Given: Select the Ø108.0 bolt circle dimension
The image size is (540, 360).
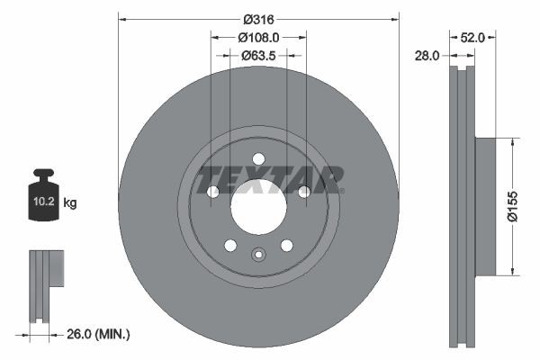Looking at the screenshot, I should [x=258, y=37].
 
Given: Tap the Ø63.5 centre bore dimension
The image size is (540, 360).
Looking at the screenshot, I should [x=258, y=56].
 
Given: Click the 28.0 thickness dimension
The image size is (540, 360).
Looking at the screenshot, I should [x=427, y=56].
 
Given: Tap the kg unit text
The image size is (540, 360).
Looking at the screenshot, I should [x=69, y=203].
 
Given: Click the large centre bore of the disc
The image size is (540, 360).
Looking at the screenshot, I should [x=258, y=208].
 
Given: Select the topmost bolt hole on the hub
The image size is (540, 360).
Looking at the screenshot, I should [x=258, y=159].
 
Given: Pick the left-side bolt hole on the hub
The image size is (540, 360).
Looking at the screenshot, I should [x=213, y=192].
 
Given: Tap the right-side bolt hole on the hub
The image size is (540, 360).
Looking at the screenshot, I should [x=304, y=192].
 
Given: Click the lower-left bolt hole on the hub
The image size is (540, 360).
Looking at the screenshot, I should [x=230, y=245].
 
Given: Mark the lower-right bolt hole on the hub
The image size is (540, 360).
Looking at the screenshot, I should [x=286, y=245].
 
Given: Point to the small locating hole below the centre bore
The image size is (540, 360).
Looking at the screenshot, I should [x=258, y=254].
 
